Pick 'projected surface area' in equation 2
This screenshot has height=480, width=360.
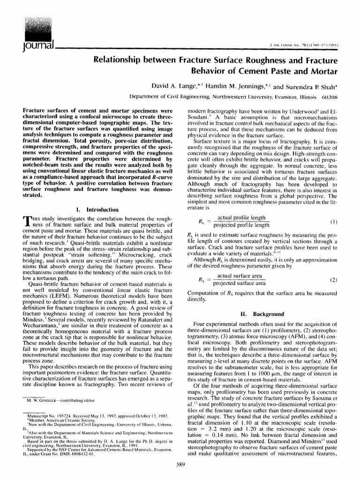[240, 283]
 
